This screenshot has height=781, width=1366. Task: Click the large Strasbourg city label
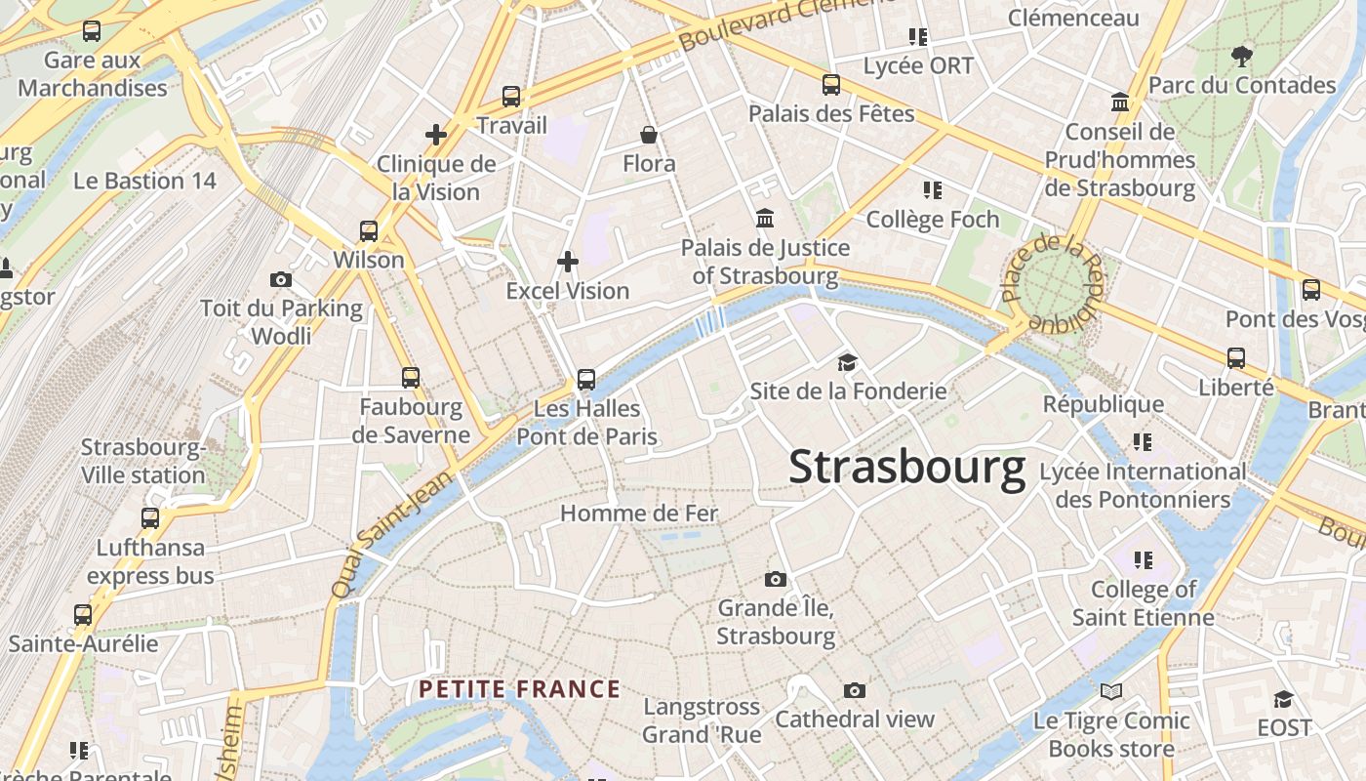coord(906,467)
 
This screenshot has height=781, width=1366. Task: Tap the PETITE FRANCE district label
coord(519,689)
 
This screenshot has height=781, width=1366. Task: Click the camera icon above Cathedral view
coord(855,691)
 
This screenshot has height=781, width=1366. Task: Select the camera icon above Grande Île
coord(776,580)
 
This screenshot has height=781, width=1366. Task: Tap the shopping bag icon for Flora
coord(648,135)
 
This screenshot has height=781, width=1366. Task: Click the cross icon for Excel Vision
coord(567,262)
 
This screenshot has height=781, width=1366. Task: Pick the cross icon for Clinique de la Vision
coord(436,135)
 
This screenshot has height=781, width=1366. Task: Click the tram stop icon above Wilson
coord(368,231)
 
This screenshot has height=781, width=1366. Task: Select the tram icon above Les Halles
coord(585,379)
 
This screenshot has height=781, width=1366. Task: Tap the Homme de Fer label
coord(639,514)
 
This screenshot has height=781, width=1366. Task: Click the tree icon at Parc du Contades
coord(1241,56)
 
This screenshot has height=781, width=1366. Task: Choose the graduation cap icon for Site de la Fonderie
coord(847,363)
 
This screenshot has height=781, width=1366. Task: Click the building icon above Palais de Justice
coord(765,218)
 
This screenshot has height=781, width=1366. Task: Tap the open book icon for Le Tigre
coord(1110,692)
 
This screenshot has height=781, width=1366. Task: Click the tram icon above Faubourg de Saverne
coord(411,378)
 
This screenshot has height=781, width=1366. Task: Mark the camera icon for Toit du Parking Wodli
coord(281,280)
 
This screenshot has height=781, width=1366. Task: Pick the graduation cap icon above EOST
coord(1283,699)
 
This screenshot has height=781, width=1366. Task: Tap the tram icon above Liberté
coord(1236,358)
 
